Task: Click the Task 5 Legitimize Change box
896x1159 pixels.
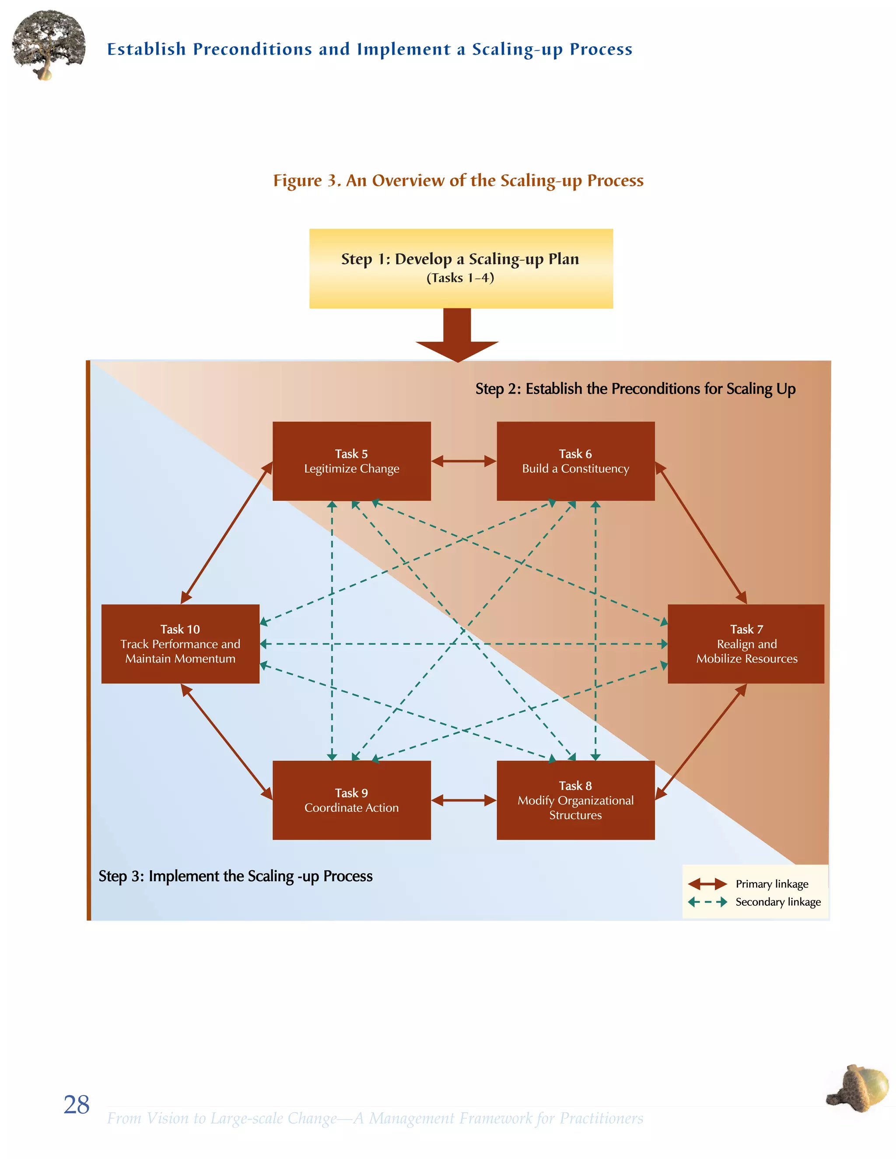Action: (x=351, y=461)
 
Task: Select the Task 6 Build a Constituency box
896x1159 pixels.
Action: (x=575, y=461)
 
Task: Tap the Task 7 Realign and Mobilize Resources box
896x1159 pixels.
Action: (x=746, y=643)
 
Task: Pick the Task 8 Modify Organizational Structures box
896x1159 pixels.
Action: (x=575, y=800)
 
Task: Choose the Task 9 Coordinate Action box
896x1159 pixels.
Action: (x=351, y=800)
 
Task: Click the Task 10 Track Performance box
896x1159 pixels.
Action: (x=180, y=643)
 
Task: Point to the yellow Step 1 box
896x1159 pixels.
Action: (x=461, y=268)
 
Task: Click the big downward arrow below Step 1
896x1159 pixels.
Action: (x=457, y=337)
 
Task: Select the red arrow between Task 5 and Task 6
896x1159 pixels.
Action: (x=463, y=461)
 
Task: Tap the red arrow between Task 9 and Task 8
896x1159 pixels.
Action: (x=463, y=800)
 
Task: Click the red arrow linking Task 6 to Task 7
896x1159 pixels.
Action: (x=701, y=533)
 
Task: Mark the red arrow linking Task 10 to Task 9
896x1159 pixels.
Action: (x=227, y=741)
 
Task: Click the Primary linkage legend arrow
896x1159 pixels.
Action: (x=707, y=883)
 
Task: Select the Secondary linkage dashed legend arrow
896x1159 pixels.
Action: (x=707, y=902)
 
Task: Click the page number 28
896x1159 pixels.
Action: (x=77, y=1104)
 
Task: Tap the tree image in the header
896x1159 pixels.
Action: (x=48, y=45)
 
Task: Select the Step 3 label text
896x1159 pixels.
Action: (x=235, y=876)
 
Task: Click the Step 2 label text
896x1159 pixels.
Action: (x=635, y=388)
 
